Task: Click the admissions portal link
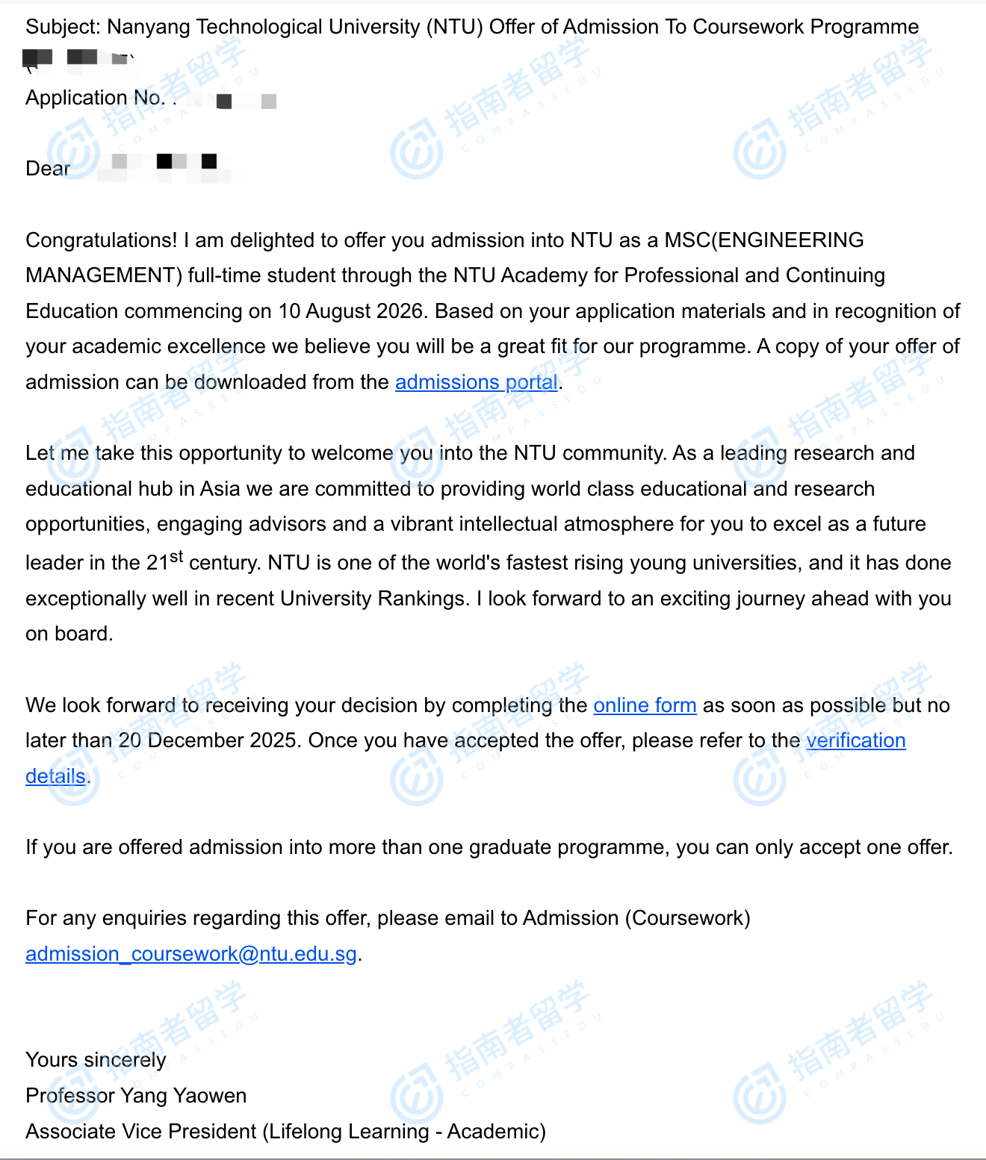point(477,382)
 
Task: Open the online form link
point(645,705)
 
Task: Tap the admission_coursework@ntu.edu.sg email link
point(191,954)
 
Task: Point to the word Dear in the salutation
point(48,169)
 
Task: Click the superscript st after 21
point(176,556)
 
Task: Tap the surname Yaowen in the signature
point(210,1096)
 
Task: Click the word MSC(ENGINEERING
point(763,240)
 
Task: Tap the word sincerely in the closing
point(125,1060)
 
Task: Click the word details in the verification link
point(55,776)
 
